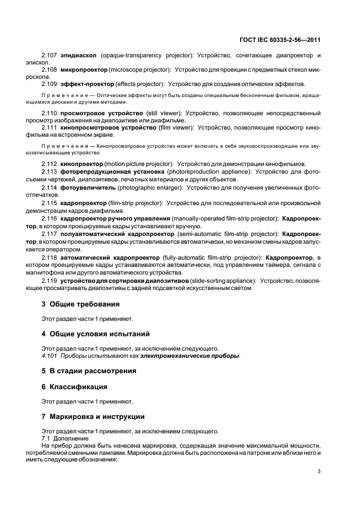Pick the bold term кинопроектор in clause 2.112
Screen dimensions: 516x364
coord(83,164)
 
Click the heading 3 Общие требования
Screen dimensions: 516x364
coord(80,304)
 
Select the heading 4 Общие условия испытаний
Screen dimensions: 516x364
coord(96,334)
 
